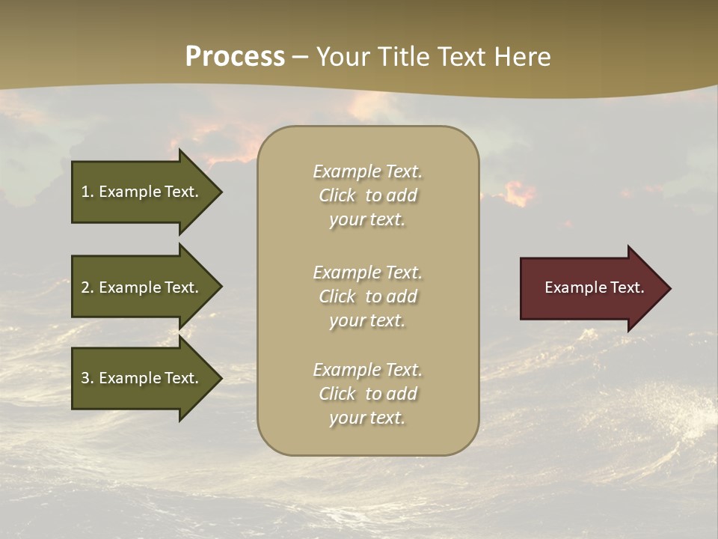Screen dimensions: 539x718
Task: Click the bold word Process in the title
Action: pos(235,57)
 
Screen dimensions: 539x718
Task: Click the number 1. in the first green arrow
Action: pos(88,192)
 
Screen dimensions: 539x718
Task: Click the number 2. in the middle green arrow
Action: pos(88,287)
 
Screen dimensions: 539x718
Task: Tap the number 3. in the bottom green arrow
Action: pos(88,378)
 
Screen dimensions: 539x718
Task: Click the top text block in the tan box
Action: pos(367,195)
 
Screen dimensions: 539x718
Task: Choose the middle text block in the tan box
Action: pos(367,296)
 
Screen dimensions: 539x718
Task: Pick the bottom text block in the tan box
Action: pos(367,394)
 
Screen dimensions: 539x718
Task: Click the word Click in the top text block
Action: pos(337,195)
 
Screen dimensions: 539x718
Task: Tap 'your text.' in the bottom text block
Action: pos(367,418)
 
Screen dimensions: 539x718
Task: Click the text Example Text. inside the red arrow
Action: pos(595,287)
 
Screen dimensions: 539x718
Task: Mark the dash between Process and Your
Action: pos(301,58)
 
